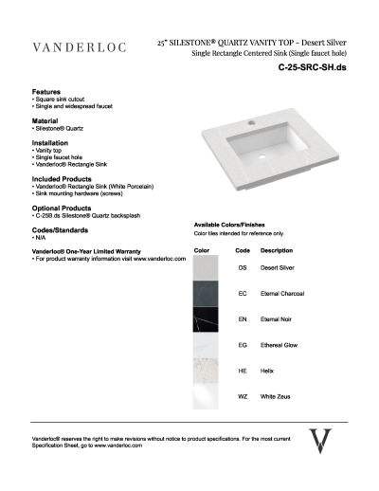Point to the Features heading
pos(48,92)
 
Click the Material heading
pos(47,120)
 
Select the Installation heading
pos(52,142)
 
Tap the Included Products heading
pos(63,176)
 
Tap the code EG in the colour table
pos(243,345)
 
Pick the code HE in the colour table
pos(243,371)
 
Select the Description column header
pos(276,250)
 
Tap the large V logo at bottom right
pos(323,442)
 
